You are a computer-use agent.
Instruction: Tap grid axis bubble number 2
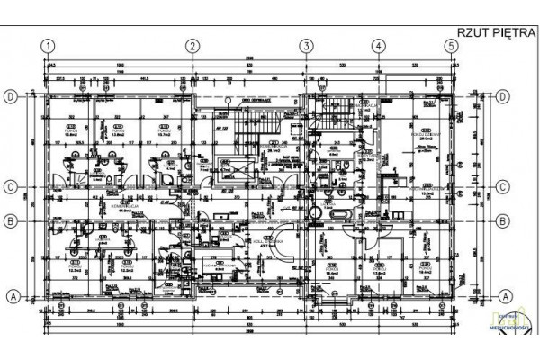point(192,46)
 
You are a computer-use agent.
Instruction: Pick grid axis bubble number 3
point(306,46)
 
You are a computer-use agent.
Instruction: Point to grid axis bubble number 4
point(379,46)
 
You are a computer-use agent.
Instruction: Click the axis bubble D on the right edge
point(504,96)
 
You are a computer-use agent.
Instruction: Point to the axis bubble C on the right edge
point(504,187)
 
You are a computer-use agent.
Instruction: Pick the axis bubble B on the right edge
point(504,220)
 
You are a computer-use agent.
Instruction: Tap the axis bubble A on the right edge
point(504,295)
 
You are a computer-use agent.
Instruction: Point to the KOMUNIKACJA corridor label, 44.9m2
point(121,207)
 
